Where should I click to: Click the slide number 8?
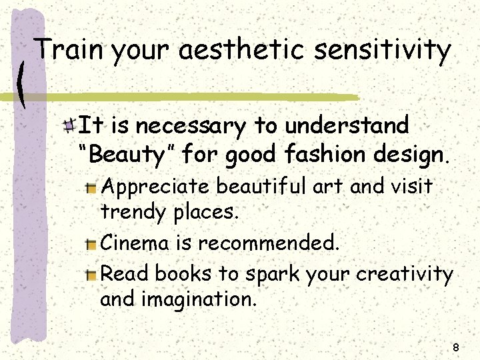coord(456,347)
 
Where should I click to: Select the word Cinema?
coord(135,243)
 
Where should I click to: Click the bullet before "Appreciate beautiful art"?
coord(92,188)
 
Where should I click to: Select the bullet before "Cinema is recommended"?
coord(92,244)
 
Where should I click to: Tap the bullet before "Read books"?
coord(92,274)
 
